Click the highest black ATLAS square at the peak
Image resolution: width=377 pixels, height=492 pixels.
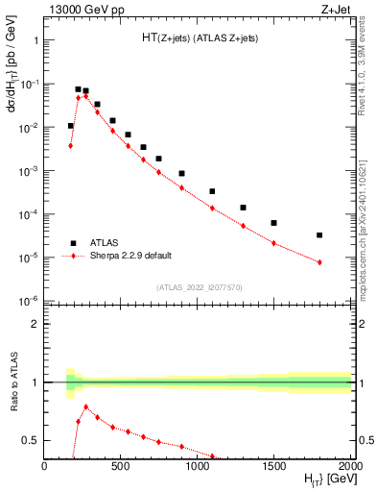click(x=78, y=89)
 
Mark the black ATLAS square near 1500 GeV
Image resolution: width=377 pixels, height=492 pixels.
click(x=273, y=223)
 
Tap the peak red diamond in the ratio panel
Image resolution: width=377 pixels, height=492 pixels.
click(x=85, y=406)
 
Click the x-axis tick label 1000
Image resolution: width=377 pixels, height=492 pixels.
click(x=198, y=466)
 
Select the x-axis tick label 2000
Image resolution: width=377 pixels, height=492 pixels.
click(x=350, y=466)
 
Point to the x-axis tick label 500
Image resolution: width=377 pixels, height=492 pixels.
click(x=121, y=466)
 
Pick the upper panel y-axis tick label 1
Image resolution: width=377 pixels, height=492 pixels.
click(x=35, y=41)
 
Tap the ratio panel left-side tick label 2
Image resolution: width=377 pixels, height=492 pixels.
click(x=35, y=324)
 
